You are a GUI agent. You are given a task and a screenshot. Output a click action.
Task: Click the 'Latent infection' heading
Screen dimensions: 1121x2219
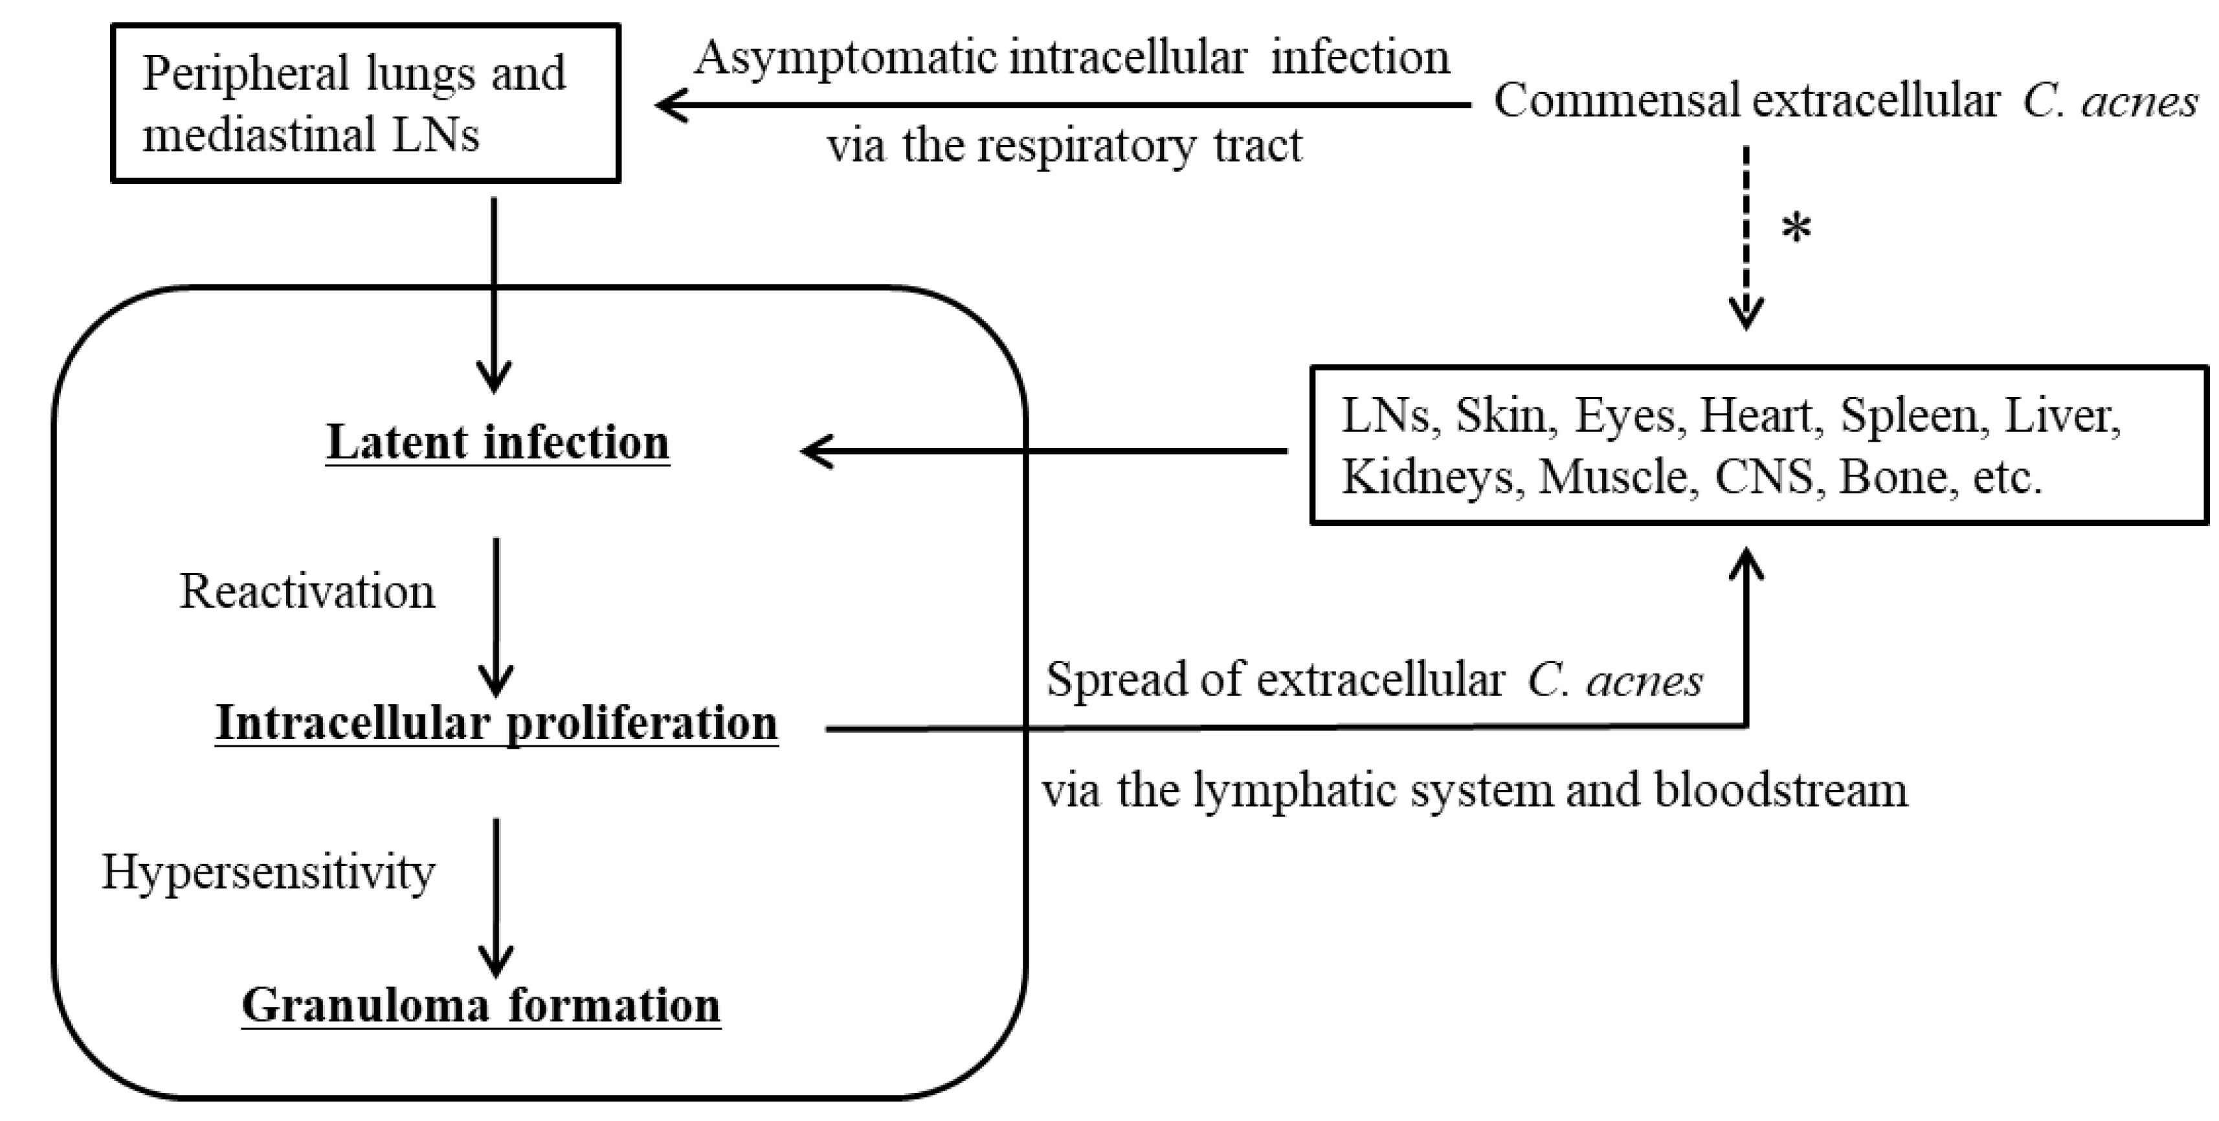click(497, 443)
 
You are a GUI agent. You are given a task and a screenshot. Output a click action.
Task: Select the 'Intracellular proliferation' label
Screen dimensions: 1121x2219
click(496, 722)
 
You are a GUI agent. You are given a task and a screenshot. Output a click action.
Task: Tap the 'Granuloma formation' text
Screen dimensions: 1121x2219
click(481, 1004)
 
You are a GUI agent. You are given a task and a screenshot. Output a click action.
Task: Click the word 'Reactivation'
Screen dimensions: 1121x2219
click(307, 592)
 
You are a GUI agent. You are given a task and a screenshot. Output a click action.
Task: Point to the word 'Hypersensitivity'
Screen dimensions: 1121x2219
click(268, 872)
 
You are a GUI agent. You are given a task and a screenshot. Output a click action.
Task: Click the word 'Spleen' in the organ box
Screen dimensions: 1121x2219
click(1909, 416)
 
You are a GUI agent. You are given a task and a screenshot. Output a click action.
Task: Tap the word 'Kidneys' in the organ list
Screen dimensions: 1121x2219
click(1427, 477)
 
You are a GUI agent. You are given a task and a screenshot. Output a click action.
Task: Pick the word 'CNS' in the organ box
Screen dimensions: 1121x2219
click(1763, 477)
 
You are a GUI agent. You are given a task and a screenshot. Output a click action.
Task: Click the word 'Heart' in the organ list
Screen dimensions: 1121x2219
click(1756, 416)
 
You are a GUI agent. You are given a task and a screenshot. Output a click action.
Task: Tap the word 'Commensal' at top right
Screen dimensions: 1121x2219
click(1617, 102)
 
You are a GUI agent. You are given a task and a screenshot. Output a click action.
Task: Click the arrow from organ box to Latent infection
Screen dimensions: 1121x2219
click(1042, 451)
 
